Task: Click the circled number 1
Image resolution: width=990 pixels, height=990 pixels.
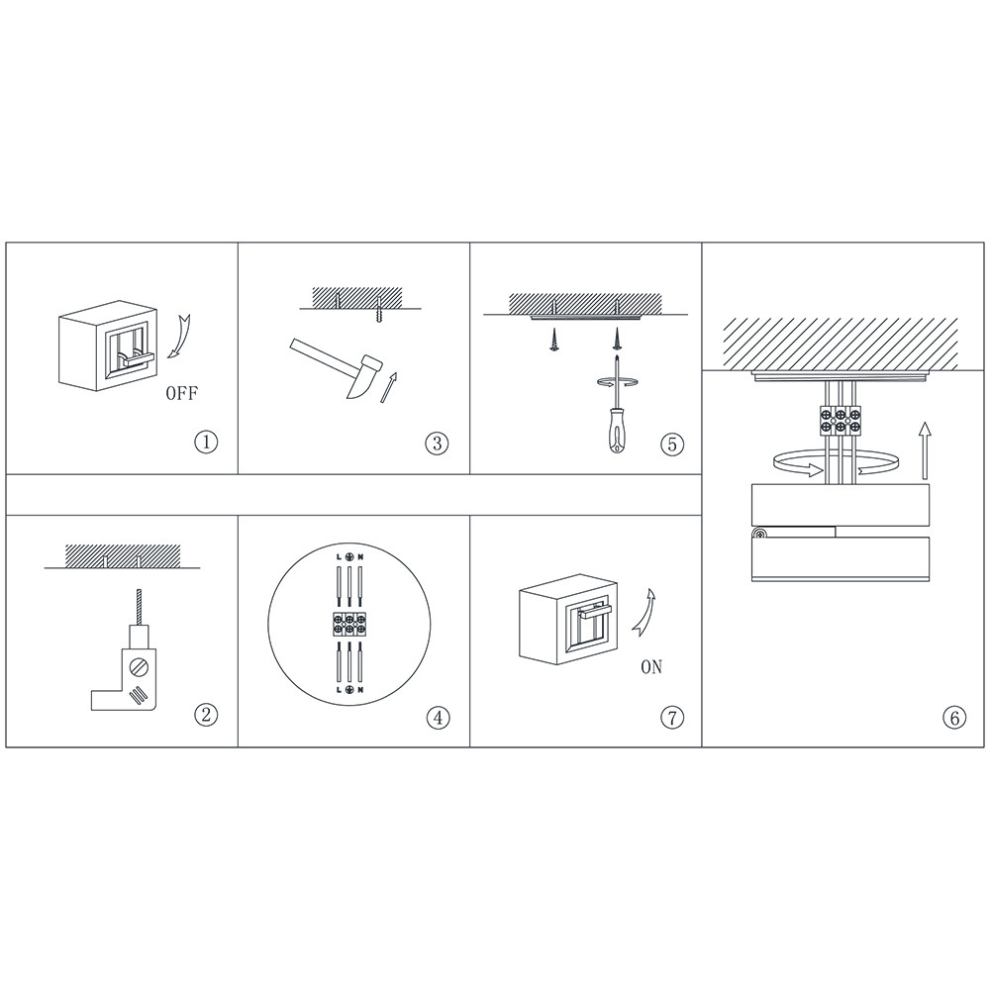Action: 206,442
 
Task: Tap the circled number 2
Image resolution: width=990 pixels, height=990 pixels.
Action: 206,715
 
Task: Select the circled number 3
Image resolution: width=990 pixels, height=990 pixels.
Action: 437,443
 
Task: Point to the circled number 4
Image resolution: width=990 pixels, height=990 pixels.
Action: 439,717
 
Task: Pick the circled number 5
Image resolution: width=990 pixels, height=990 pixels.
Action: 672,444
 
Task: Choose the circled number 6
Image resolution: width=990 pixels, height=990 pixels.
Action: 954,717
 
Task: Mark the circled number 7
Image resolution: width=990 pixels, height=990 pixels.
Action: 672,717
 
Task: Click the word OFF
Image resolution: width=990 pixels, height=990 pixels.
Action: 182,393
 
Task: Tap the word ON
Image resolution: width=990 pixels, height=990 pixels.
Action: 651,666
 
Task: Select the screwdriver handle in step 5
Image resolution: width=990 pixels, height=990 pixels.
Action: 615,432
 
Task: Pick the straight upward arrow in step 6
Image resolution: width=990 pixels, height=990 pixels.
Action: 925,450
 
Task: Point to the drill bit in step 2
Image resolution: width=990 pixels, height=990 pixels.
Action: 137,606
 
